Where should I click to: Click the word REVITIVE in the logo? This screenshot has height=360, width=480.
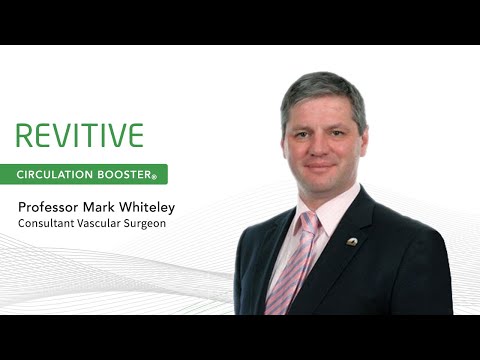(80, 136)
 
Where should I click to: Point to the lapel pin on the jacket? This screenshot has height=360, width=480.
(352, 240)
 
